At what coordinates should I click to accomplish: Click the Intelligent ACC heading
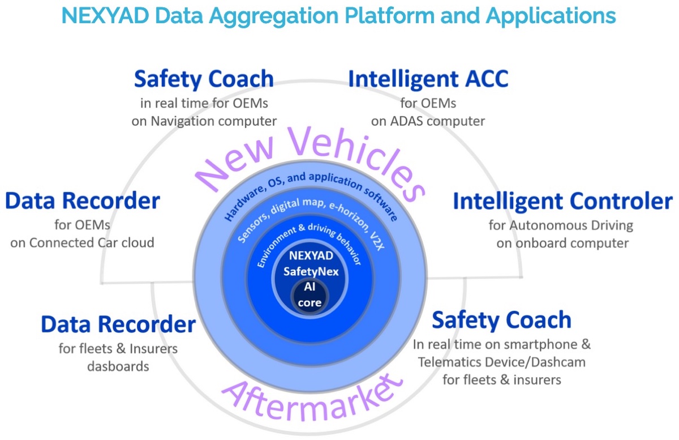(428, 79)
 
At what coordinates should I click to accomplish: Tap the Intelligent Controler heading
(562, 201)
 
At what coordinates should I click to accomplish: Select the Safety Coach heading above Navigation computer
(204, 79)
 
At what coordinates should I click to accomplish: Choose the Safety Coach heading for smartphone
(501, 320)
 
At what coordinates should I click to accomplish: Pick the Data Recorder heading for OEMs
(83, 200)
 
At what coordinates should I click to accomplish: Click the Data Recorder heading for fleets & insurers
(118, 324)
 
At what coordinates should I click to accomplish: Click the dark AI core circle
(311, 296)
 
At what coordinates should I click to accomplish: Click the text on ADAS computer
(428, 121)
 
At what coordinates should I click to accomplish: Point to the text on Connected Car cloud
(83, 243)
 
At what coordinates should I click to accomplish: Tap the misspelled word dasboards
(118, 366)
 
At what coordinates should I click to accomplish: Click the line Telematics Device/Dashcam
(501, 362)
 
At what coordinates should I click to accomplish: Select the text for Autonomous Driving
(561, 225)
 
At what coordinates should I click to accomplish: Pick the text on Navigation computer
(204, 121)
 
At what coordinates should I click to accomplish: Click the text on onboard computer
(562, 243)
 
